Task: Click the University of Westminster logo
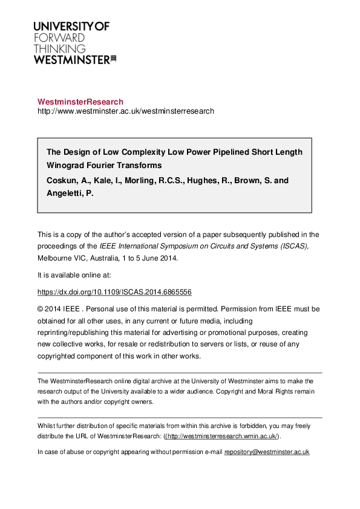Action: (71, 42)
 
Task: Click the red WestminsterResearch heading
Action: (80, 102)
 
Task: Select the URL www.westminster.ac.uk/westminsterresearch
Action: (126, 111)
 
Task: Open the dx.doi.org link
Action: (114, 291)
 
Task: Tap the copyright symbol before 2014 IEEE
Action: (41, 308)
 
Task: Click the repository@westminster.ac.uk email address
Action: (267, 452)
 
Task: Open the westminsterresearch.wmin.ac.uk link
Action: (221, 436)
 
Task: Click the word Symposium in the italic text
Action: (175, 245)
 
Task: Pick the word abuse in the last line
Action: (72, 452)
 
